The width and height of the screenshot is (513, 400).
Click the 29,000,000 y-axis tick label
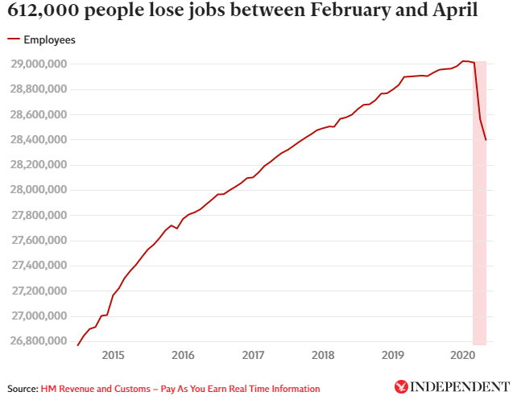point(38,64)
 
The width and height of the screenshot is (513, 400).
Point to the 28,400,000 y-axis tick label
point(38,140)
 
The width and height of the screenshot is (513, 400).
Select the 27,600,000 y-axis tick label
point(38,241)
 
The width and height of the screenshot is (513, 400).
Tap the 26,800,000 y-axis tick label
point(38,341)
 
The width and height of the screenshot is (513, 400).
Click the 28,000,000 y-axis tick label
point(38,190)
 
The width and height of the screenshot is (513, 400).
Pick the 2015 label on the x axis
point(113,355)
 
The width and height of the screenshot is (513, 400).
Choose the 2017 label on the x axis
point(253,355)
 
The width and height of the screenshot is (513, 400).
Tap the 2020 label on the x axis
point(462,355)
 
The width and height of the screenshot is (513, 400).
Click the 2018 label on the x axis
point(323,355)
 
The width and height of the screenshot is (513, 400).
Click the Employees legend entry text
point(50,39)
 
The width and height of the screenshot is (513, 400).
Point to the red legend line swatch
point(13,39)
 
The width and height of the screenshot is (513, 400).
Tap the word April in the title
point(450,11)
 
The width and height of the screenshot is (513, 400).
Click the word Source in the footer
point(22,389)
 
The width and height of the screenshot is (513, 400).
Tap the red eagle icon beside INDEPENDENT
point(401,387)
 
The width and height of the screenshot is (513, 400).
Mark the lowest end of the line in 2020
point(486,140)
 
